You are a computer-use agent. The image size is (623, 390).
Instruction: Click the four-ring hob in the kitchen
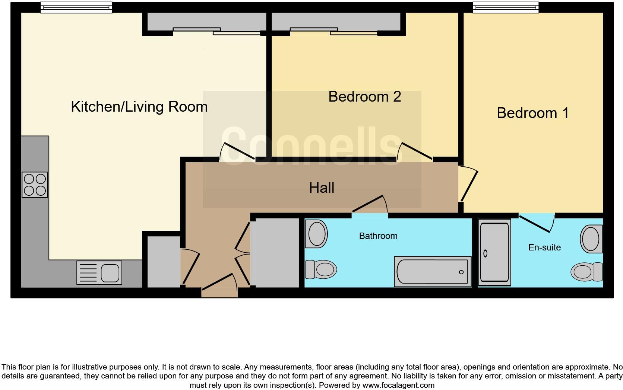coord(35,185)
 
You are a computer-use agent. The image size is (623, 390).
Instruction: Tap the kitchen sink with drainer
coord(99,272)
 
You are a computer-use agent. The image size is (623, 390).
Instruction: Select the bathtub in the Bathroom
coord(433,271)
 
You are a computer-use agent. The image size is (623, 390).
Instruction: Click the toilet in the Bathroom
coord(320,269)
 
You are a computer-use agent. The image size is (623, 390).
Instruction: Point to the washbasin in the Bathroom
coord(316,234)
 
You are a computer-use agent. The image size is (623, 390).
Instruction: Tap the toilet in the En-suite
coord(587,271)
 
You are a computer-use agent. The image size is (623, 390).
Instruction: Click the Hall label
coord(322,188)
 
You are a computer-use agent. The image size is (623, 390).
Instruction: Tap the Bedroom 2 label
coord(364,97)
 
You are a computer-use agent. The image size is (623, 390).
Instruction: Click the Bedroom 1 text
coord(532,113)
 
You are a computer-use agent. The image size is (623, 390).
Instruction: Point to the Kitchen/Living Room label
coord(139,107)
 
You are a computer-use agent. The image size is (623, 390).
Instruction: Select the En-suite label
coord(544,247)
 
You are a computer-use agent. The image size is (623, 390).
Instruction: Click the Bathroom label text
coord(378,236)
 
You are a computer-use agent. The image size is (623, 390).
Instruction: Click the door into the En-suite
coord(537,224)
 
